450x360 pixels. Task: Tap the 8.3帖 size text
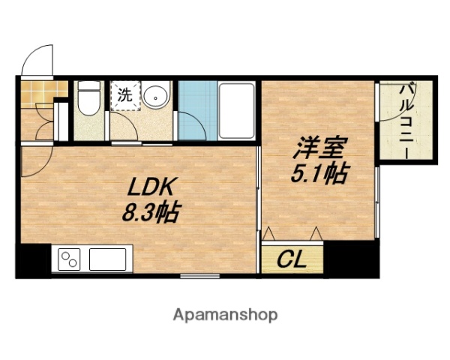pos(150,213)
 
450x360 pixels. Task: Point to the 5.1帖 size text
pos(319,174)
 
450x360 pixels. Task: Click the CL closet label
pos(292,260)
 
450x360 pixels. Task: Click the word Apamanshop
pos(226,314)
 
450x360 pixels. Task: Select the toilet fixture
pos(89,98)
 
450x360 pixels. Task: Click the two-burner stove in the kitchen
pos(69,259)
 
